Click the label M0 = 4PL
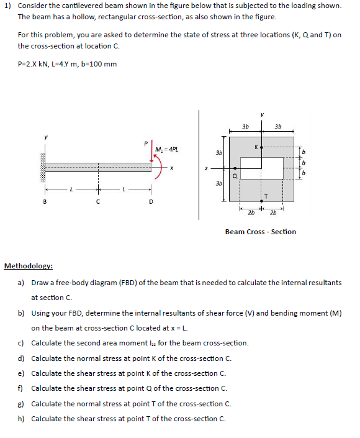pyautogui.click(x=166, y=149)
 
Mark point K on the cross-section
pyautogui.click(x=261, y=148)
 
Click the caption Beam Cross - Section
pyautogui.click(x=260, y=232)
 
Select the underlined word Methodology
pyautogui.click(x=28, y=266)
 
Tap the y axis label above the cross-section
pyautogui.click(x=263, y=114)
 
